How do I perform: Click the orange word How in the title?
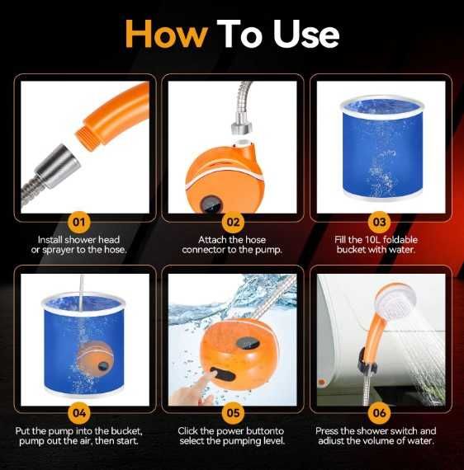(166, 34)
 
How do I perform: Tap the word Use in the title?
(306, 34)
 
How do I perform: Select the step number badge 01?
(79, 222)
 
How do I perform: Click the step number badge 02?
(233, 222)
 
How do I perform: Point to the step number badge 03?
(379, 222)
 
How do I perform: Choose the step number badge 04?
(79, 413)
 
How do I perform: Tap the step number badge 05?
(233, 413)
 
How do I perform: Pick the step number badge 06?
(379, 413)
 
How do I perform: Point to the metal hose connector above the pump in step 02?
(241, 125)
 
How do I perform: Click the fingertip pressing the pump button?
(212, 374)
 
